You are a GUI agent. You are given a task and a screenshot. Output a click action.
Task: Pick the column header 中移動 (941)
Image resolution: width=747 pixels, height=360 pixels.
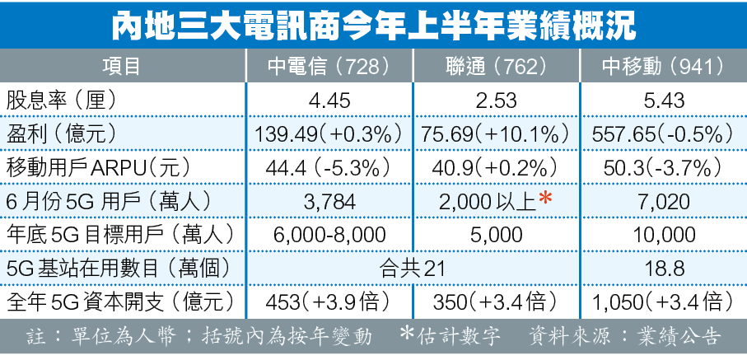pyautogui.click(x=663, y=66)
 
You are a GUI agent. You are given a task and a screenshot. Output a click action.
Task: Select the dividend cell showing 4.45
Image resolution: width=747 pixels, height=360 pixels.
pyautogui.click(x=329, y=101)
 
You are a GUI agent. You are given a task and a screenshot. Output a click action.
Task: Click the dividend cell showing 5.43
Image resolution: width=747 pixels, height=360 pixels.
pyautogui.click(x=663, y=101)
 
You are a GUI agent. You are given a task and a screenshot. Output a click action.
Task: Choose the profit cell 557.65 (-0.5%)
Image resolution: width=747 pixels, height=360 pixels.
pyautogui.click(x=663, y=133)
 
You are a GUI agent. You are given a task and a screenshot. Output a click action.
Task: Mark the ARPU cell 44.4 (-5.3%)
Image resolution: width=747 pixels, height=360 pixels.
pyautogui.click(x=329, y=167)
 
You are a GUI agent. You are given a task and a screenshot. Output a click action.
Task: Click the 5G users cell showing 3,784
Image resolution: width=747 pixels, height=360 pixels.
pyautogui.click(x=329, y=200)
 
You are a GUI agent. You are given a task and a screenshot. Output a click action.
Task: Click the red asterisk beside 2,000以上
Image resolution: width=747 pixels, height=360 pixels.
pyautogui.click(x=544, y=199)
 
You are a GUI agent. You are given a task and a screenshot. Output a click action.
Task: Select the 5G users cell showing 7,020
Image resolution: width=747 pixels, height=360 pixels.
pyautogui.click(x=663, y=200)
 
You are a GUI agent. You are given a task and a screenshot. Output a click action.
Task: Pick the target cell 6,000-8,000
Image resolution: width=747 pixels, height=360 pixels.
pyautogui.click(x=329, y=234)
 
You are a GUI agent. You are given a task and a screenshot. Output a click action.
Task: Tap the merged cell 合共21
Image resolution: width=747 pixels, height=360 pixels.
pyautogui.click(x=413, y=267)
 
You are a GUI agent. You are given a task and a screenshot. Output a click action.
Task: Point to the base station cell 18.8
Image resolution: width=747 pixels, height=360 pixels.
pyautogui.click(x=663, y=267)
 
